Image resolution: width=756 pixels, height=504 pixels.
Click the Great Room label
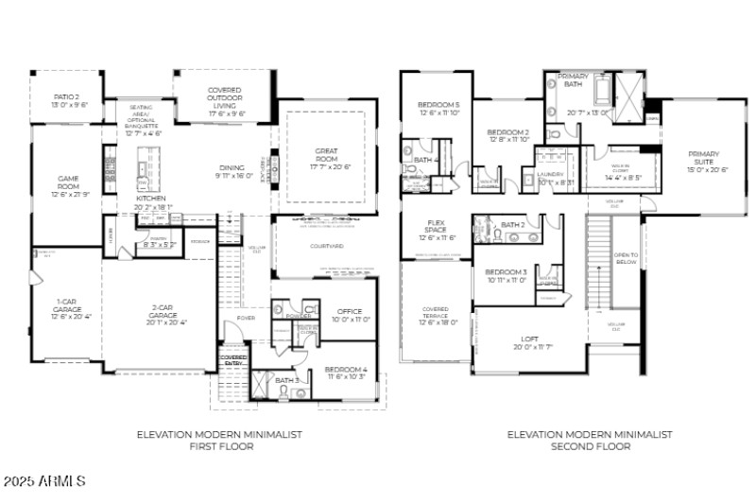click(326, 157)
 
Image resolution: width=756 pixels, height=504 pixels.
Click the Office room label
click(349, 316)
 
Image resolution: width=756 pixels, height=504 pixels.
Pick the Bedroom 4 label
click(345, 373)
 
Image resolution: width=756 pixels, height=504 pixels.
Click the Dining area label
click(232, 171)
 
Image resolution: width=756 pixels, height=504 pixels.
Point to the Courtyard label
click(325, 246)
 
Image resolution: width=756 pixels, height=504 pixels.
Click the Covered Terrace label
click(436, 315)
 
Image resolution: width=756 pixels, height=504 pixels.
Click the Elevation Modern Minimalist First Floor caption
click(219, 440)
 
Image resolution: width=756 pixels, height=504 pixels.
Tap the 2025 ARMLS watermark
click(44, 481)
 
